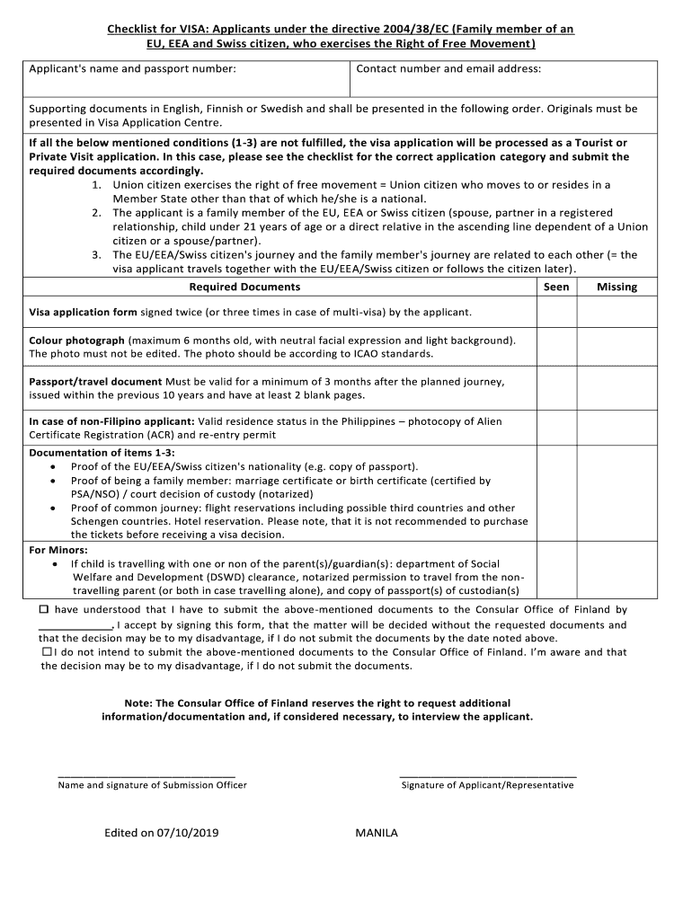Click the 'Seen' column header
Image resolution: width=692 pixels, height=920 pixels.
click(x=556, y=287)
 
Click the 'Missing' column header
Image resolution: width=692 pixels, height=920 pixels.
click(x=617, y=287)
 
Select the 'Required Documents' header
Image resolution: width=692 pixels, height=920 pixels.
click(x=244, y=287)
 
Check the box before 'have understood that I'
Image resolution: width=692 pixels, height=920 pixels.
click(x=43, y=609)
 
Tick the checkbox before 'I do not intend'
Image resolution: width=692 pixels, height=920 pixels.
click(x=47, y=652)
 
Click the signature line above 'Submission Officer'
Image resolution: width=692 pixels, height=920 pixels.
click(x=146, y=774)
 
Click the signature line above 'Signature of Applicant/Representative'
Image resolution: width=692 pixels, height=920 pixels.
click(x=487, y=774)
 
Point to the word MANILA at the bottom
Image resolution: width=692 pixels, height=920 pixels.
click(x=377, y=833)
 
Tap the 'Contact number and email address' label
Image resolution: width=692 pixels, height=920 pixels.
click(x=448, y=69)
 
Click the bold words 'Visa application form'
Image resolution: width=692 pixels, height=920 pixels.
click(x=83, y=313)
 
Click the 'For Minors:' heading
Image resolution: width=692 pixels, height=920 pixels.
click(x=58, y=550)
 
